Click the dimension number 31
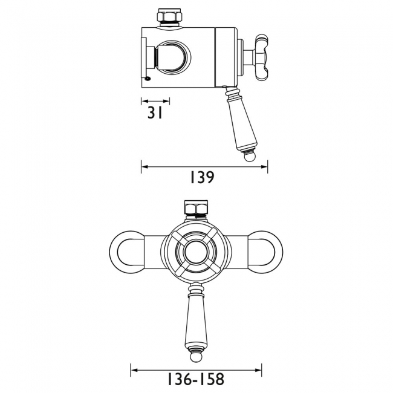155,113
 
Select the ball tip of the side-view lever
250,158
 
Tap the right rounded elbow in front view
266,247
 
